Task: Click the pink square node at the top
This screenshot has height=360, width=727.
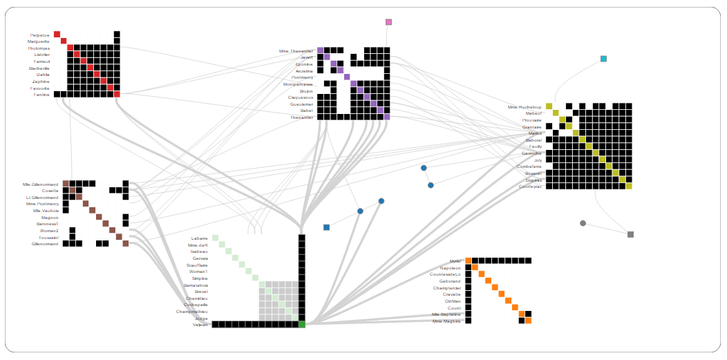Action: coord(388,22)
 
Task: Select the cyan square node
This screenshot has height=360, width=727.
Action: coord(603,59)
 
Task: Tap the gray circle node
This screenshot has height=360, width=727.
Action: coord(583,223)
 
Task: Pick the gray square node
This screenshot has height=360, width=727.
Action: coord(630,234)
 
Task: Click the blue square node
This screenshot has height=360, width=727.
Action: coord(326,227)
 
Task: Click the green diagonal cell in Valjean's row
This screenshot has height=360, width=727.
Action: coord(302,324)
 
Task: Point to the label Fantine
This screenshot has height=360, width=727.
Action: coord(41,95)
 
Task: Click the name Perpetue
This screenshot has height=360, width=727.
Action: coord(39,35)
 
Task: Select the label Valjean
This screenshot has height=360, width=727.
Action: coord(200,325)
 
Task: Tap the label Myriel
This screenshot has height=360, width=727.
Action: coord(455,261)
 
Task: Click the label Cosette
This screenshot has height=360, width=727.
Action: coord(50,191)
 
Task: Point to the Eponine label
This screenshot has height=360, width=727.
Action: coord(304,64)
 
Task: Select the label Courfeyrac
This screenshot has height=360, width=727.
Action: coord(530,187)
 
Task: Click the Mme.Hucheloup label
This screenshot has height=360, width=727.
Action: coord(525,107)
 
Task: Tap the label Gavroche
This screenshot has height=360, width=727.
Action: coord(531,153)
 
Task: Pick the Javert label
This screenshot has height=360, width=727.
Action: coord(306,57)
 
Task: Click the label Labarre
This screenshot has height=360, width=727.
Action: coord(199,238)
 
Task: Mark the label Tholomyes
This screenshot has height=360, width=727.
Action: coord(39,48)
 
